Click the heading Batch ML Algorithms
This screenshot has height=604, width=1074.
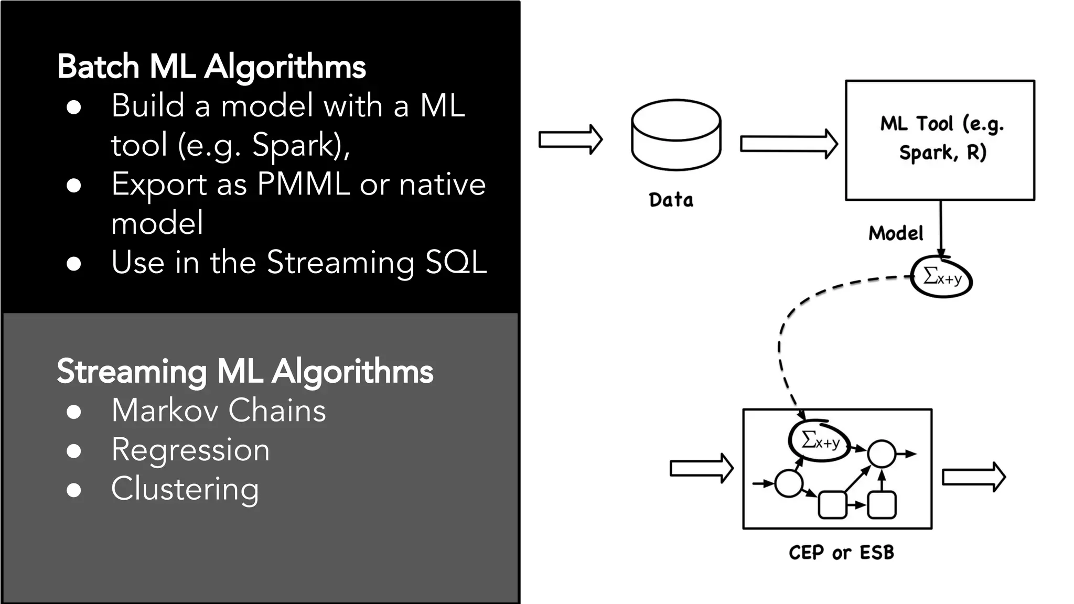(211, 67)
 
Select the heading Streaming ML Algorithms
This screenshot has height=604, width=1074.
(245, 371)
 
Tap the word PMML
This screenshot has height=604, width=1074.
(303, 185)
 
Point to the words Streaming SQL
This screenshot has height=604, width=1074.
(377, 262)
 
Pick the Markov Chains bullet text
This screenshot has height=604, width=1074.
(219, 410)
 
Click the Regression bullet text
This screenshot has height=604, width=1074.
(190, 450)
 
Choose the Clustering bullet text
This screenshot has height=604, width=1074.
(185, 489)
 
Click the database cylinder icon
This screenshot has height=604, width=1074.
(676, 135)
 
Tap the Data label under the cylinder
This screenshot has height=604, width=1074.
(671, 200)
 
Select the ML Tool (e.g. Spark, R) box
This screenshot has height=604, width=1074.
(940, 140)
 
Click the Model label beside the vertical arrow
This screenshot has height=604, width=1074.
(896, 233)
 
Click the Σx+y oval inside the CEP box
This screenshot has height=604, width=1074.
(820, 441)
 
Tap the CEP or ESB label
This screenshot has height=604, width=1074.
(841, 553)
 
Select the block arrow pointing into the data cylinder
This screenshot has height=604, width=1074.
(570, 139)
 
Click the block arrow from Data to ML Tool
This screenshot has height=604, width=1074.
(788, 144)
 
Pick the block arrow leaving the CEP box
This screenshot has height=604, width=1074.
(973, 477)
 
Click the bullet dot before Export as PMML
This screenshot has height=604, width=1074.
(74, 186)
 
